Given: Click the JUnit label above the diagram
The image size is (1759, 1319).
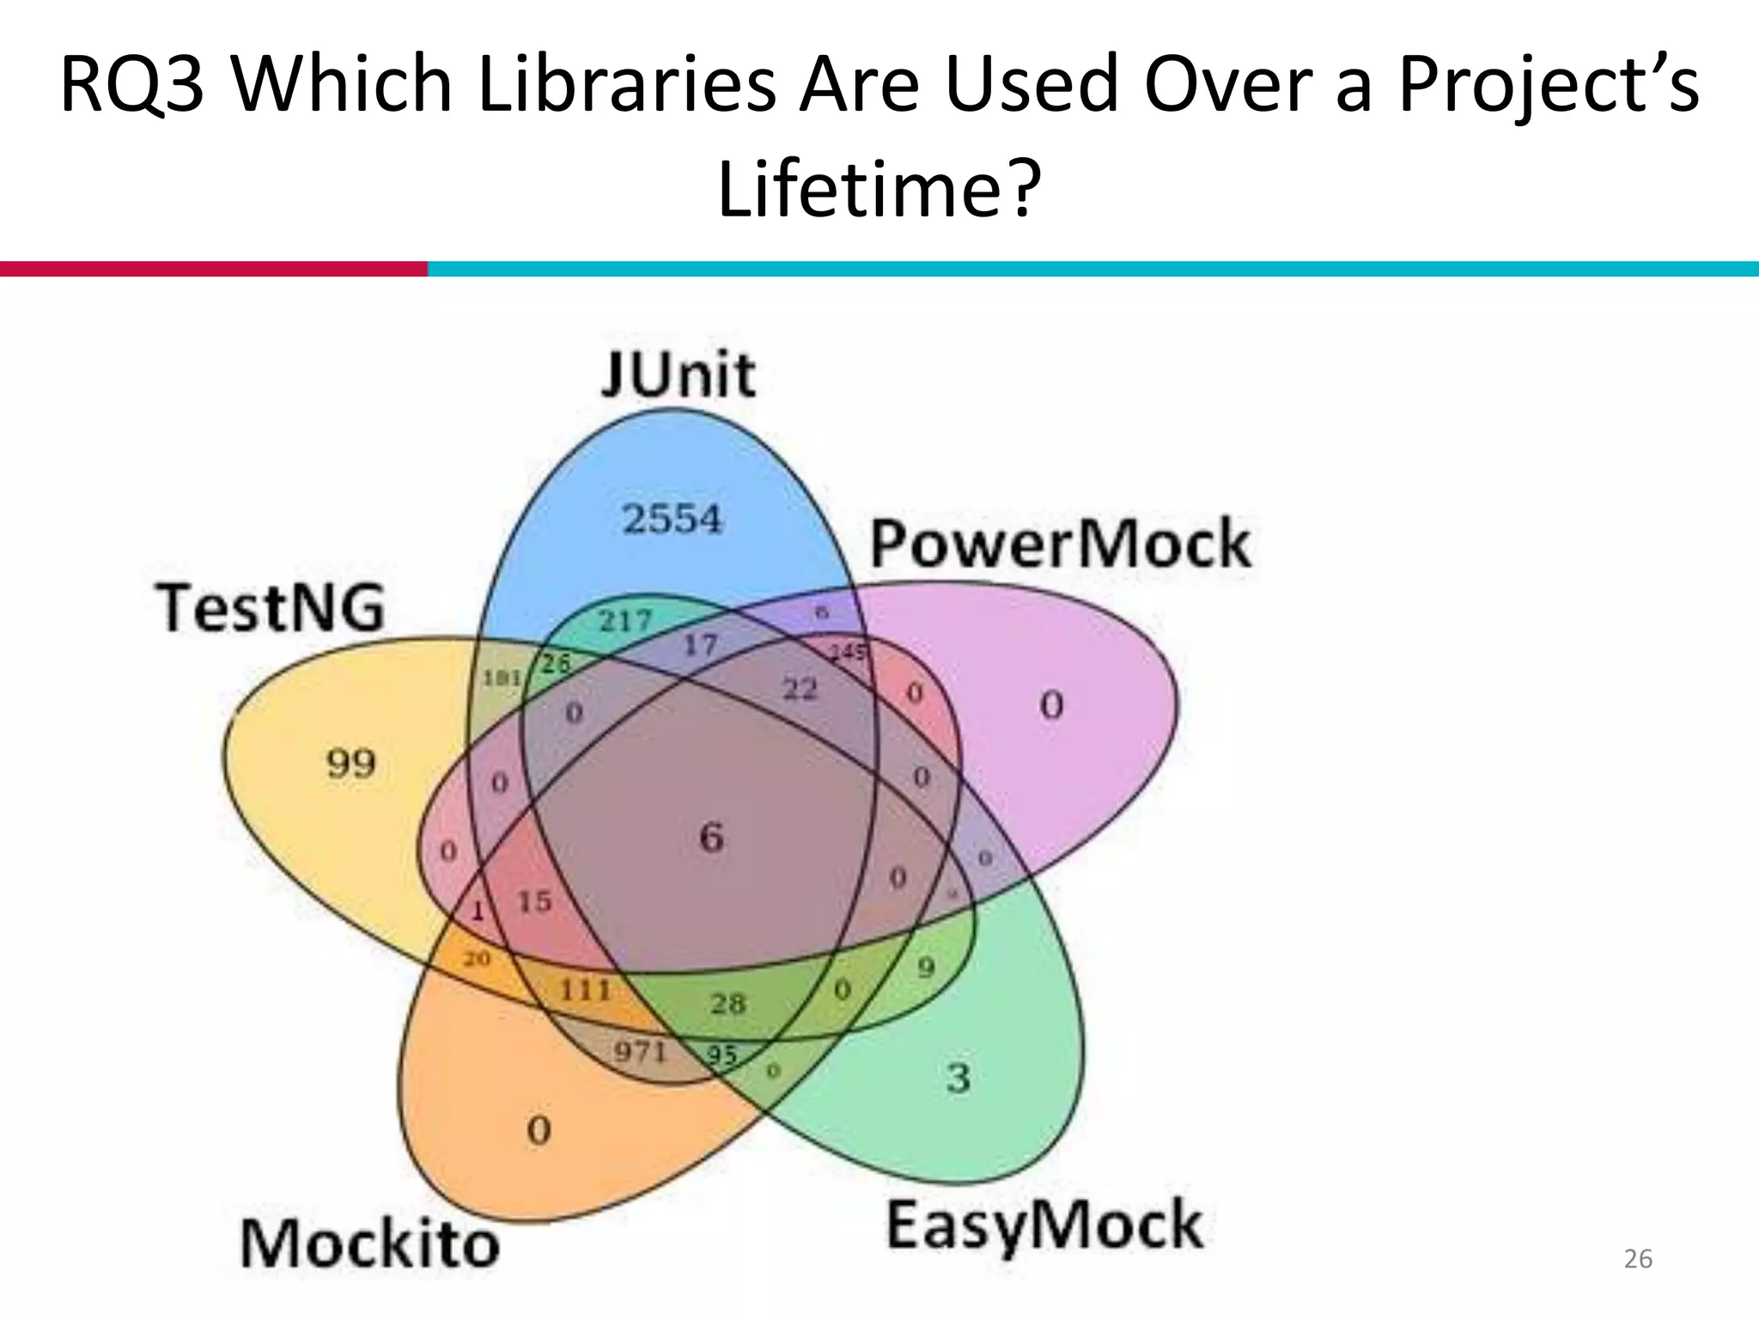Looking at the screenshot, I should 678,375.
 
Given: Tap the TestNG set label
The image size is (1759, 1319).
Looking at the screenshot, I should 270,608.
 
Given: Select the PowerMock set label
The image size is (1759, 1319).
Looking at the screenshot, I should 1061,544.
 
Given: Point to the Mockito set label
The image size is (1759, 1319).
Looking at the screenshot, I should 369,1243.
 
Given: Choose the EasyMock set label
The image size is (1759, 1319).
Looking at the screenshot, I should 1044,1225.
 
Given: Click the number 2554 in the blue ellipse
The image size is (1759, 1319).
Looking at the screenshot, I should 673,519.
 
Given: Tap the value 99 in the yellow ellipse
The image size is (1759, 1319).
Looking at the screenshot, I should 351,763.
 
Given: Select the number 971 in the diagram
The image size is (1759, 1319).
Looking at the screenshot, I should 641,1050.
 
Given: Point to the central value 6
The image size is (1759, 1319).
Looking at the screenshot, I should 711,837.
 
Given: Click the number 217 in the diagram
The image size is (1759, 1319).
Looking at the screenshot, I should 626,620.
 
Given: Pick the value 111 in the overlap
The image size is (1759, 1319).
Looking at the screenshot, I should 585,990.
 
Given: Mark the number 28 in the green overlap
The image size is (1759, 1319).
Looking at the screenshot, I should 728,1003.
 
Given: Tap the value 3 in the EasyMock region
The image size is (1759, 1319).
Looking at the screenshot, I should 959,1077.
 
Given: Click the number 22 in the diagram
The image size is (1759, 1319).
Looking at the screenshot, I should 800,688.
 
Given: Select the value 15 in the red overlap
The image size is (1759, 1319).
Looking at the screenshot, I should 534,902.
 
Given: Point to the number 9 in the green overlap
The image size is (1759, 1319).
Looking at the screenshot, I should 926,968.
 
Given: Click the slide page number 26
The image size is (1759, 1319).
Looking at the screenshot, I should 1638,1259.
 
